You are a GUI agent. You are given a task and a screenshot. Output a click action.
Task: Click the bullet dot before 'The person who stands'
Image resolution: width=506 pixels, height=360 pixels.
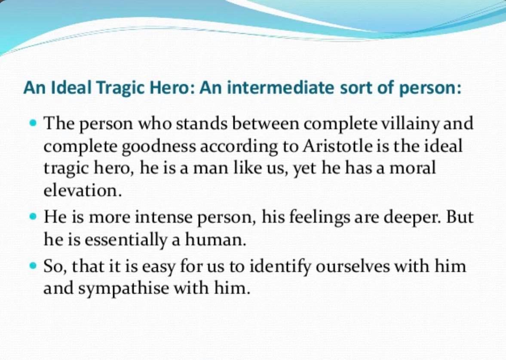35,123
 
